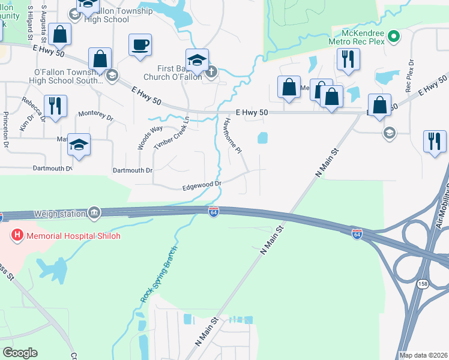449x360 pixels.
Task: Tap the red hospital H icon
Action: (x=17, y=236)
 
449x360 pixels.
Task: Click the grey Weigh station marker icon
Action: (x=94, y=213)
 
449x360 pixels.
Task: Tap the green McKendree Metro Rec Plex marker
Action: (x=393, y=37)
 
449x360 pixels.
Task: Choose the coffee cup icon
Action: (x=140, y=45)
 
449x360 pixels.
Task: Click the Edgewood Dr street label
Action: (x=203, y=186)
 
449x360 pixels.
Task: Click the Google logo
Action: (x=20, y=352)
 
